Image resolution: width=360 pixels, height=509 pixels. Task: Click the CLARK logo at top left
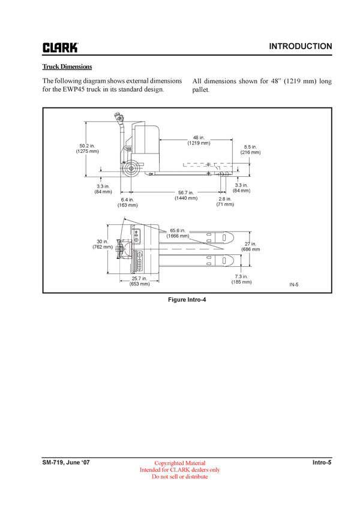point(59,47)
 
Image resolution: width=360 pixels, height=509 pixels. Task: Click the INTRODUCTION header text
point(300,46)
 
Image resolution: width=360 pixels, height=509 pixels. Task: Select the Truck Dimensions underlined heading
point(67,67)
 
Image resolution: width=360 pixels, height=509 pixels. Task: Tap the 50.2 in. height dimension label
point(87,148)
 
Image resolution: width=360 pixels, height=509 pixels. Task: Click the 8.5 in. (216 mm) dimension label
point(250,149)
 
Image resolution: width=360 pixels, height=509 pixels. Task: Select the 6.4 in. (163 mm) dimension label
point(127,202)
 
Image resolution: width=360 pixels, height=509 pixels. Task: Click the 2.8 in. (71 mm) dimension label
point(225,201)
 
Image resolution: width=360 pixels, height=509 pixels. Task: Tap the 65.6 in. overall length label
point(178,233)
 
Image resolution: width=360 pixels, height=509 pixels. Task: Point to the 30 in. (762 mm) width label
point(102,243)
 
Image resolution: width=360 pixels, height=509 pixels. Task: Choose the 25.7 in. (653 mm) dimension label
point(139,281)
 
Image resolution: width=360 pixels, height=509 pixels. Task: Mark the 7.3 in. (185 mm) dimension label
point(241,279)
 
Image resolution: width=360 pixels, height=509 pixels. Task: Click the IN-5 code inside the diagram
point(294,284)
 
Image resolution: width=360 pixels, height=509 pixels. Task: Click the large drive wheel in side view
point(128,168)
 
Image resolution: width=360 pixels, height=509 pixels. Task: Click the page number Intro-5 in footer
point(322,462)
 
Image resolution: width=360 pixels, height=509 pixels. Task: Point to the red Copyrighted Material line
point(180,463)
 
